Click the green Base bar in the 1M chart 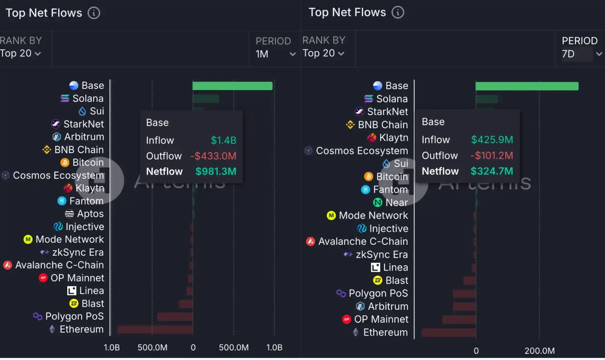(232, 86)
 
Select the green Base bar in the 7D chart (527, 86)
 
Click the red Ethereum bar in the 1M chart (155, 330)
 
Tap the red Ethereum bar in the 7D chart (448, 333)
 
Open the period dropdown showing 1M (275, 54)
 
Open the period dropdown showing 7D (582, 54)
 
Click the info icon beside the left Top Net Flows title (93, 13)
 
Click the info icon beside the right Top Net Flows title (398, 12)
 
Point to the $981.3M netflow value (216, 171)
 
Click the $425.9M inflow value (492, 140)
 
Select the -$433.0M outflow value (213, 156)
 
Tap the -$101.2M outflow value (492, 156)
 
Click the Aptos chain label (90, 214)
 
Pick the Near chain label (396, 202)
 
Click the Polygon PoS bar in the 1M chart (175, 317)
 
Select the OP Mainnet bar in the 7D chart (459, 320)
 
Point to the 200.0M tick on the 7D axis (539, 351)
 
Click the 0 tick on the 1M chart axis (193, 348)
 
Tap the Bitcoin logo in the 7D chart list (368, 177)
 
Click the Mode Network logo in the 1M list (28, 239)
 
